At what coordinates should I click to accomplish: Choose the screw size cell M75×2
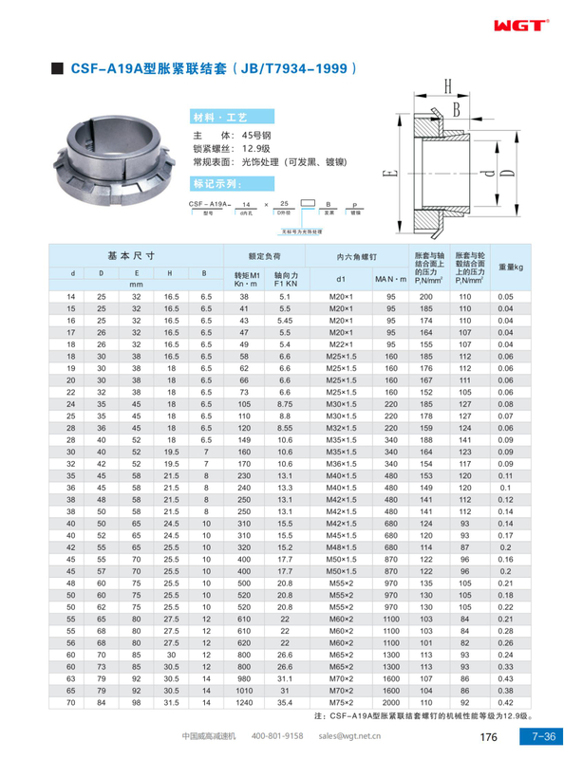(x=340, y=702)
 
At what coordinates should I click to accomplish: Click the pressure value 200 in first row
(x=425, y=298)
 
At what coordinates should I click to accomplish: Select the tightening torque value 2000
(x=390, y=702)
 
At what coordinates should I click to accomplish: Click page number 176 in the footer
(x=489, y=736)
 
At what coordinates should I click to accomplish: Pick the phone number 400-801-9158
(x=277, y=736)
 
